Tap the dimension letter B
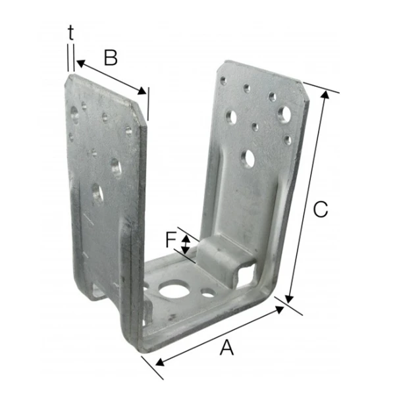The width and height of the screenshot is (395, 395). click(111, 58)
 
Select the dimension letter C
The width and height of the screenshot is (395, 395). click(320, 209)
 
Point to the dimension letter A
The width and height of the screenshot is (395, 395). click(226, 348)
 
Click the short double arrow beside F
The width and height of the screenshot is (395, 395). click(186, 244)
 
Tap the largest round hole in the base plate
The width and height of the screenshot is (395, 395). click(175, 290)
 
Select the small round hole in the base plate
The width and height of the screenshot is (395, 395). click(208, 292)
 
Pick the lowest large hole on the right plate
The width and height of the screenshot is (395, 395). click(248, 158)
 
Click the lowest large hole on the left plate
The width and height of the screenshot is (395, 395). click(97, 193)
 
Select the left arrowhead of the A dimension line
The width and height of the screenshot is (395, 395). click(157, 361)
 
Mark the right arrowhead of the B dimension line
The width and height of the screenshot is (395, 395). click(145, 92)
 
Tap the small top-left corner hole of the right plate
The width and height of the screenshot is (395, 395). click(223, 81)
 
